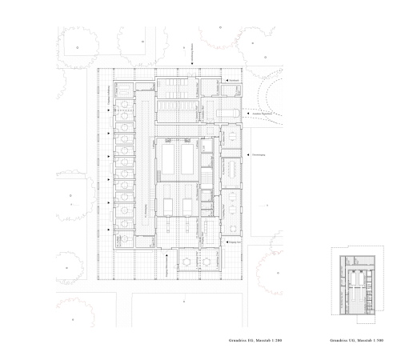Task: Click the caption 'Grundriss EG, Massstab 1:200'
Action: coord(256,341)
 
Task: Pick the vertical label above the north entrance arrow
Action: coord(193,54)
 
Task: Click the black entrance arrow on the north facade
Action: coord(193,72)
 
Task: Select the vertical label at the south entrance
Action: coord(166,265)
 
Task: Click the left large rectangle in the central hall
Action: coord(169,159)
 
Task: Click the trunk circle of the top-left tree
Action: coord(77,48)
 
